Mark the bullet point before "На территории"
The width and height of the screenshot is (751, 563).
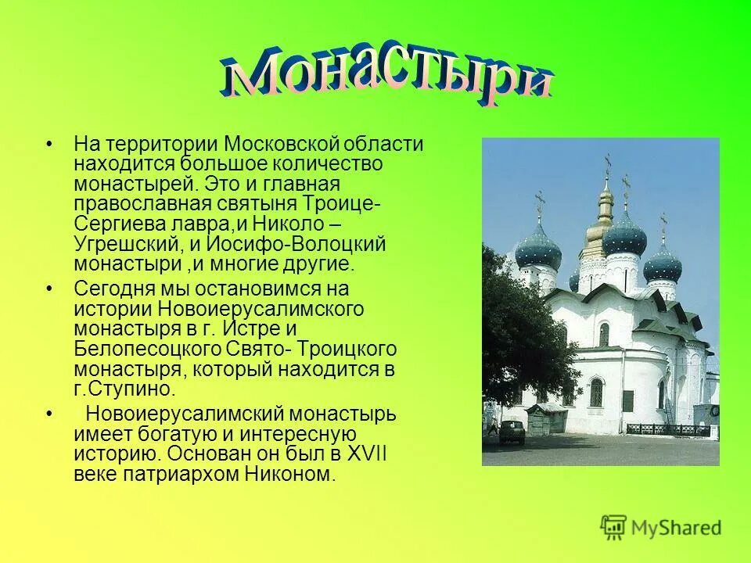[49, 145]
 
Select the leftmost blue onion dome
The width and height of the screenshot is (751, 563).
[539, 249]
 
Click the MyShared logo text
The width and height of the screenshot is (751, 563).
[677, 528]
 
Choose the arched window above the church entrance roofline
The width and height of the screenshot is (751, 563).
[603, 334]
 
